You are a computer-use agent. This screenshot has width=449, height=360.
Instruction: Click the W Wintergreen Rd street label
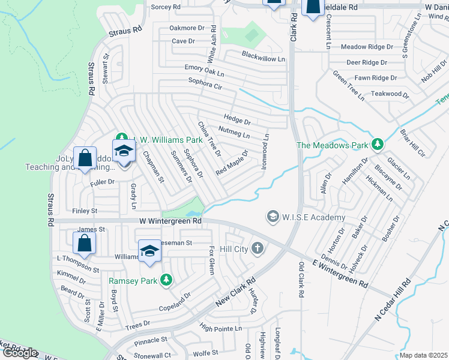point(170,221)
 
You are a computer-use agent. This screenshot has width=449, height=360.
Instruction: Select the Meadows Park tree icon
point(378,144)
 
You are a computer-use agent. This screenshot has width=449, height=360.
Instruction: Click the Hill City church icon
point(258,248)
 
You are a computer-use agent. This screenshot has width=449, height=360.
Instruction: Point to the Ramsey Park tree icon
point(166,280)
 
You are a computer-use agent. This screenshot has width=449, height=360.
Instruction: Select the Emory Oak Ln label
point(204,71)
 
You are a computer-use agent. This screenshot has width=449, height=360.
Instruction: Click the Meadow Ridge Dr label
point(367,47)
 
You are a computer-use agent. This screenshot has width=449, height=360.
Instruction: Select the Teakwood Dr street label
point(384,94)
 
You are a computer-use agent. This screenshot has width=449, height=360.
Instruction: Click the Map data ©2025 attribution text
point(423,355)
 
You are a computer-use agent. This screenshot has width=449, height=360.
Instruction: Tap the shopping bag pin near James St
point(85,243)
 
